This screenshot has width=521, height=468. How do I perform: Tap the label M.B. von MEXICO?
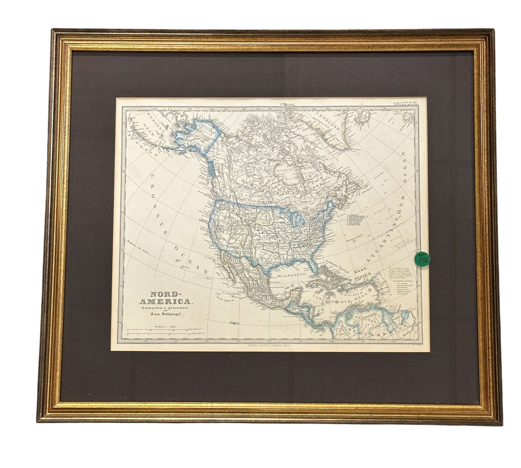[x=291, y=276]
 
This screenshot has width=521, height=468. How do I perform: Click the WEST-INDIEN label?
[x=360, y=273]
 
